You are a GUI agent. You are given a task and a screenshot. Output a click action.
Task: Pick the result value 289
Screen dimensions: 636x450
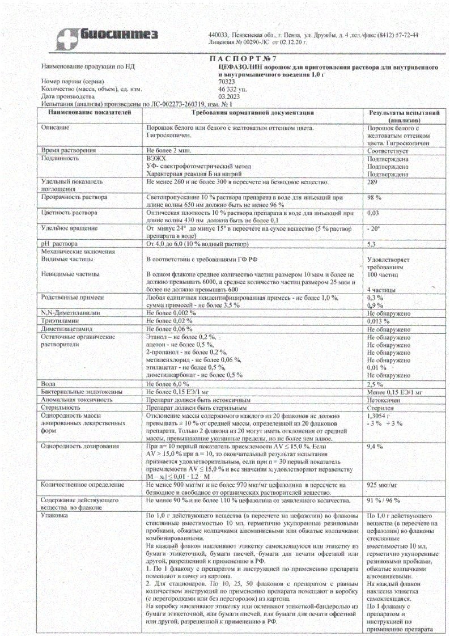click(372, 182)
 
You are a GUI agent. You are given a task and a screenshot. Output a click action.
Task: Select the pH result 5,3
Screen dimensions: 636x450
click(372, 244)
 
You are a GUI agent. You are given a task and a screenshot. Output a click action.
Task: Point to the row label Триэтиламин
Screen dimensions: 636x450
click(59, 320)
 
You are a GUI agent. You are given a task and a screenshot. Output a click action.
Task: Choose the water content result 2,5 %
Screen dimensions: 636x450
click(376, 384)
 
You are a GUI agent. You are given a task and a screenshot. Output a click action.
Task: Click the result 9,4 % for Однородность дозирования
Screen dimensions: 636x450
click(376, 447)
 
